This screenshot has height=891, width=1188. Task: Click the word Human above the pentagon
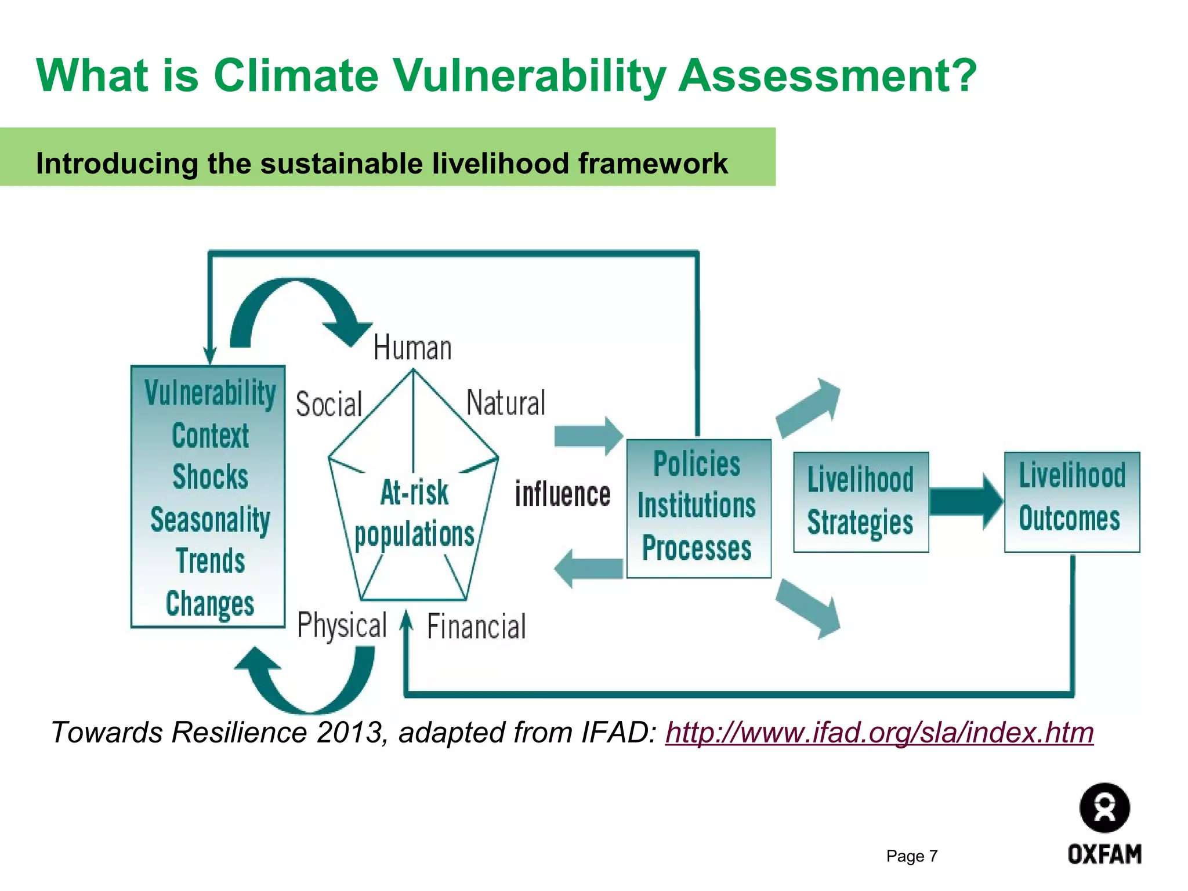412,348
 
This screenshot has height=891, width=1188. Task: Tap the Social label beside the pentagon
329,404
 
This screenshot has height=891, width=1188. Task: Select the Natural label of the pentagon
506,403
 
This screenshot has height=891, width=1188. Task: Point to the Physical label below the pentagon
342,625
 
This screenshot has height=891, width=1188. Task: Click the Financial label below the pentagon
476,627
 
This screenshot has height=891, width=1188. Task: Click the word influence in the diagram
563,495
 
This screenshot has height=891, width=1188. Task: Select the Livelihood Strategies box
861,502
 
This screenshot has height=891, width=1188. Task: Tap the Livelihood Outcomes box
1072,502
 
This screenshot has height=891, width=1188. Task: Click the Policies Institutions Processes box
698,508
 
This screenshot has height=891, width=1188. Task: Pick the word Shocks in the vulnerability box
210,477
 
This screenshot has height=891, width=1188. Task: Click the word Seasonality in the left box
210,519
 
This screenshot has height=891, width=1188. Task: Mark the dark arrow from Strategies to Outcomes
966,502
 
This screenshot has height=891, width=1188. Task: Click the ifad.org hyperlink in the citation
879,732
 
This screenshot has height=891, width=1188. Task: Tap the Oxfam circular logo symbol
1104,808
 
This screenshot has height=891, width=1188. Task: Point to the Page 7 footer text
912,856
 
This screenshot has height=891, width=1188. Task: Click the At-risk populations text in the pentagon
414,514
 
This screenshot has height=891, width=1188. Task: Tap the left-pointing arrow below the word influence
588,568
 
